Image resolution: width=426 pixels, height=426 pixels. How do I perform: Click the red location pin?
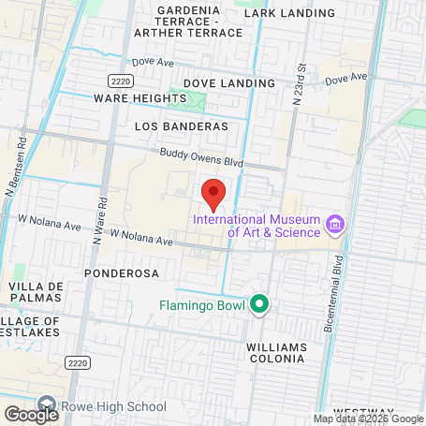[x=213, y=191]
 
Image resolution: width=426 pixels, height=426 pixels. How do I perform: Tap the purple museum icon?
[x=334, y=224]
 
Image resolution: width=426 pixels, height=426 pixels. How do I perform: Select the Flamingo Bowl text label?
[x=200, y=304]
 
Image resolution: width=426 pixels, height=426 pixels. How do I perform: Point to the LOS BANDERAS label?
[x=182, y=125]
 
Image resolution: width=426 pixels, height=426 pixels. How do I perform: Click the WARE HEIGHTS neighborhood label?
[x=129, y=97]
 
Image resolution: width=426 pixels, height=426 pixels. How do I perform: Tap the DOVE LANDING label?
[x=228, y=83]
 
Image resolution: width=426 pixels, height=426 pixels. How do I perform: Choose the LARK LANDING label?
[x=288, y=13]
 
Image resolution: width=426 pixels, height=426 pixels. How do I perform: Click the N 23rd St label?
[x=301, y=86]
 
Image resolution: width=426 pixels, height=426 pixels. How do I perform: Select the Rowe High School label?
[x=113, y=406]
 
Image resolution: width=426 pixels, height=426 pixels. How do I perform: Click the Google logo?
[x=31, y=414]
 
